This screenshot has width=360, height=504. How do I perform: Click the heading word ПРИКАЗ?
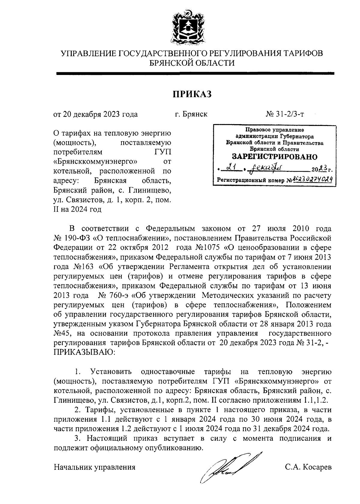(192, 94)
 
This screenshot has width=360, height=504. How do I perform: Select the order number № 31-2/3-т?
(285, 114)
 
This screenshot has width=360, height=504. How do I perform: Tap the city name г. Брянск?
(191, 114)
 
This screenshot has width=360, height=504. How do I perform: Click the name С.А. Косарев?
(308, 467)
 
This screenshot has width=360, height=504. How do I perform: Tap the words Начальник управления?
(94, 467)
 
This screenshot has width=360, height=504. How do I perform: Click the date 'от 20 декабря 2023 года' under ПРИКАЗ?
(95, 114)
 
